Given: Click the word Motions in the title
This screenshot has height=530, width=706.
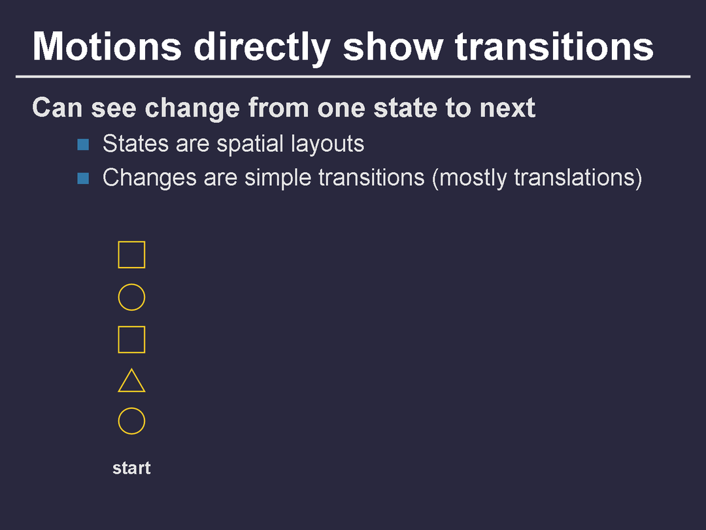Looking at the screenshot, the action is tap(107, 46).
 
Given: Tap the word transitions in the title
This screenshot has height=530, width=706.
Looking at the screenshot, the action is tap(554, 46).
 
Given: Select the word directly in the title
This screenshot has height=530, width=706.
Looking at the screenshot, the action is tap(263, 48).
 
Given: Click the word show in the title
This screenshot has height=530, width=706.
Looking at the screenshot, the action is tap(393, 46).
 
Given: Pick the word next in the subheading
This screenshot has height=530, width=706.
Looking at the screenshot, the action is tap(507, 109).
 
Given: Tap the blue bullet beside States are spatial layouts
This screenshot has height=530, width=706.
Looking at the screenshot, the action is tap(83, 145).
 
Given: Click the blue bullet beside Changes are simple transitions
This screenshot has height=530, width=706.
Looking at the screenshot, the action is tap(83, 178).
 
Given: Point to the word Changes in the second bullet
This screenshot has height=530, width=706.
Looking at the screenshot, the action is tap(150, 178).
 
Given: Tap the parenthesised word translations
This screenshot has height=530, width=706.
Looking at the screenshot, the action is tap(575, 177).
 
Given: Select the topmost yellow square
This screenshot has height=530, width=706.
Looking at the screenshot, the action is tap(131, 241).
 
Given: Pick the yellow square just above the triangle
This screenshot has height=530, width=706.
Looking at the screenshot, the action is tap(131, 327).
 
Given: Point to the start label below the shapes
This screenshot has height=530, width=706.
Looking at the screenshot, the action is tap(131, 468).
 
